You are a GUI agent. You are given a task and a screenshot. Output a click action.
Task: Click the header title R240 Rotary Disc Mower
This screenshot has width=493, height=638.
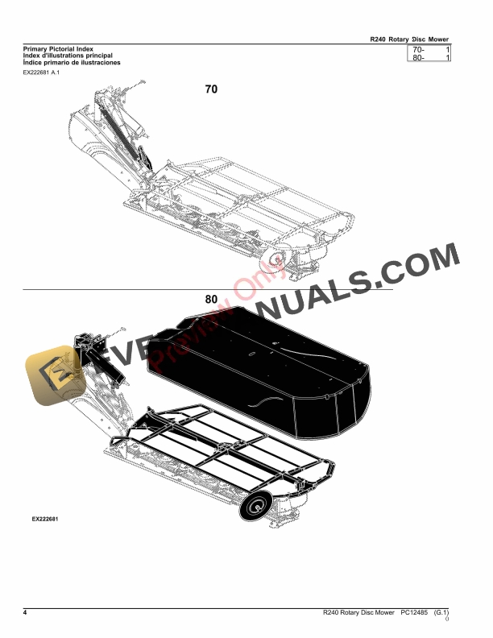[x=408, y=38]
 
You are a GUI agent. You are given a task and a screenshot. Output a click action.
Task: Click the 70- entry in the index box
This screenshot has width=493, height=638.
[x=418, y=50]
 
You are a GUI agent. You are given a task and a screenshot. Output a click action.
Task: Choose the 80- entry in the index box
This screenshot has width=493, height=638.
[x=418, y=59]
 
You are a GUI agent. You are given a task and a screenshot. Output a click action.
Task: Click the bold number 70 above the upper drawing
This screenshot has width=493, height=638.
[x=211, y=90]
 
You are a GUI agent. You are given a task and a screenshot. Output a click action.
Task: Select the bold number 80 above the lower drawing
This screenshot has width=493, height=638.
[x=211, y=299]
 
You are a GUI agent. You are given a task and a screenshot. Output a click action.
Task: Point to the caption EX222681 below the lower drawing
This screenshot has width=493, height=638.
[x=40, y=520]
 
